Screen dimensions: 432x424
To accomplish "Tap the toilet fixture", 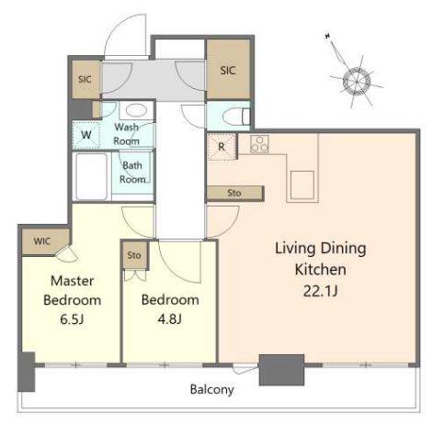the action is [x=236, y=117].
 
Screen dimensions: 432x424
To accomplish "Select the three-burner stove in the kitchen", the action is [x=259, y=144].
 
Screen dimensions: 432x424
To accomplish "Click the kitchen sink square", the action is [x=302, y=184].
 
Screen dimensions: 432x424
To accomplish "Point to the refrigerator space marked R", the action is [x=222, y=147].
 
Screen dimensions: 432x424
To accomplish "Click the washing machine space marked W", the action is [x=86, y=135].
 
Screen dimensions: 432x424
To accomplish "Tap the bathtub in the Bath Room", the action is [x=92, y=176].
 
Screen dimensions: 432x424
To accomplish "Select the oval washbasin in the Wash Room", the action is [x=136, y=110].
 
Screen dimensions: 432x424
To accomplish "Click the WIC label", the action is [x=42, y=241].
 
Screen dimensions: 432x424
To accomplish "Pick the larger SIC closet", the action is [x=228, y=70].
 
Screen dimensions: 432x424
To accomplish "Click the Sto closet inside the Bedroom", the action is [x=134, y=255].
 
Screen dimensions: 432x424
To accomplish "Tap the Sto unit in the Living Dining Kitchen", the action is [x=234, y=193].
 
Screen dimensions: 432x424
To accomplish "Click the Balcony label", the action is [x=212, y=389].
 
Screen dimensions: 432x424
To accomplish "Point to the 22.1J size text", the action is [x=320, y=291].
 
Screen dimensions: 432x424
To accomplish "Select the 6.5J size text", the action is [x=72, y=319].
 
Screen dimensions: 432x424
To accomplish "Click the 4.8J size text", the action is [x=170, y=319].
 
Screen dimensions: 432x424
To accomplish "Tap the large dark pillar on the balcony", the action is [x=281, y=370].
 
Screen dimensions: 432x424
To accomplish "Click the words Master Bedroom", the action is [x=73, y=290].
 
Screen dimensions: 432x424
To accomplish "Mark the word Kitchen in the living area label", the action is [x=321, y=270].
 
